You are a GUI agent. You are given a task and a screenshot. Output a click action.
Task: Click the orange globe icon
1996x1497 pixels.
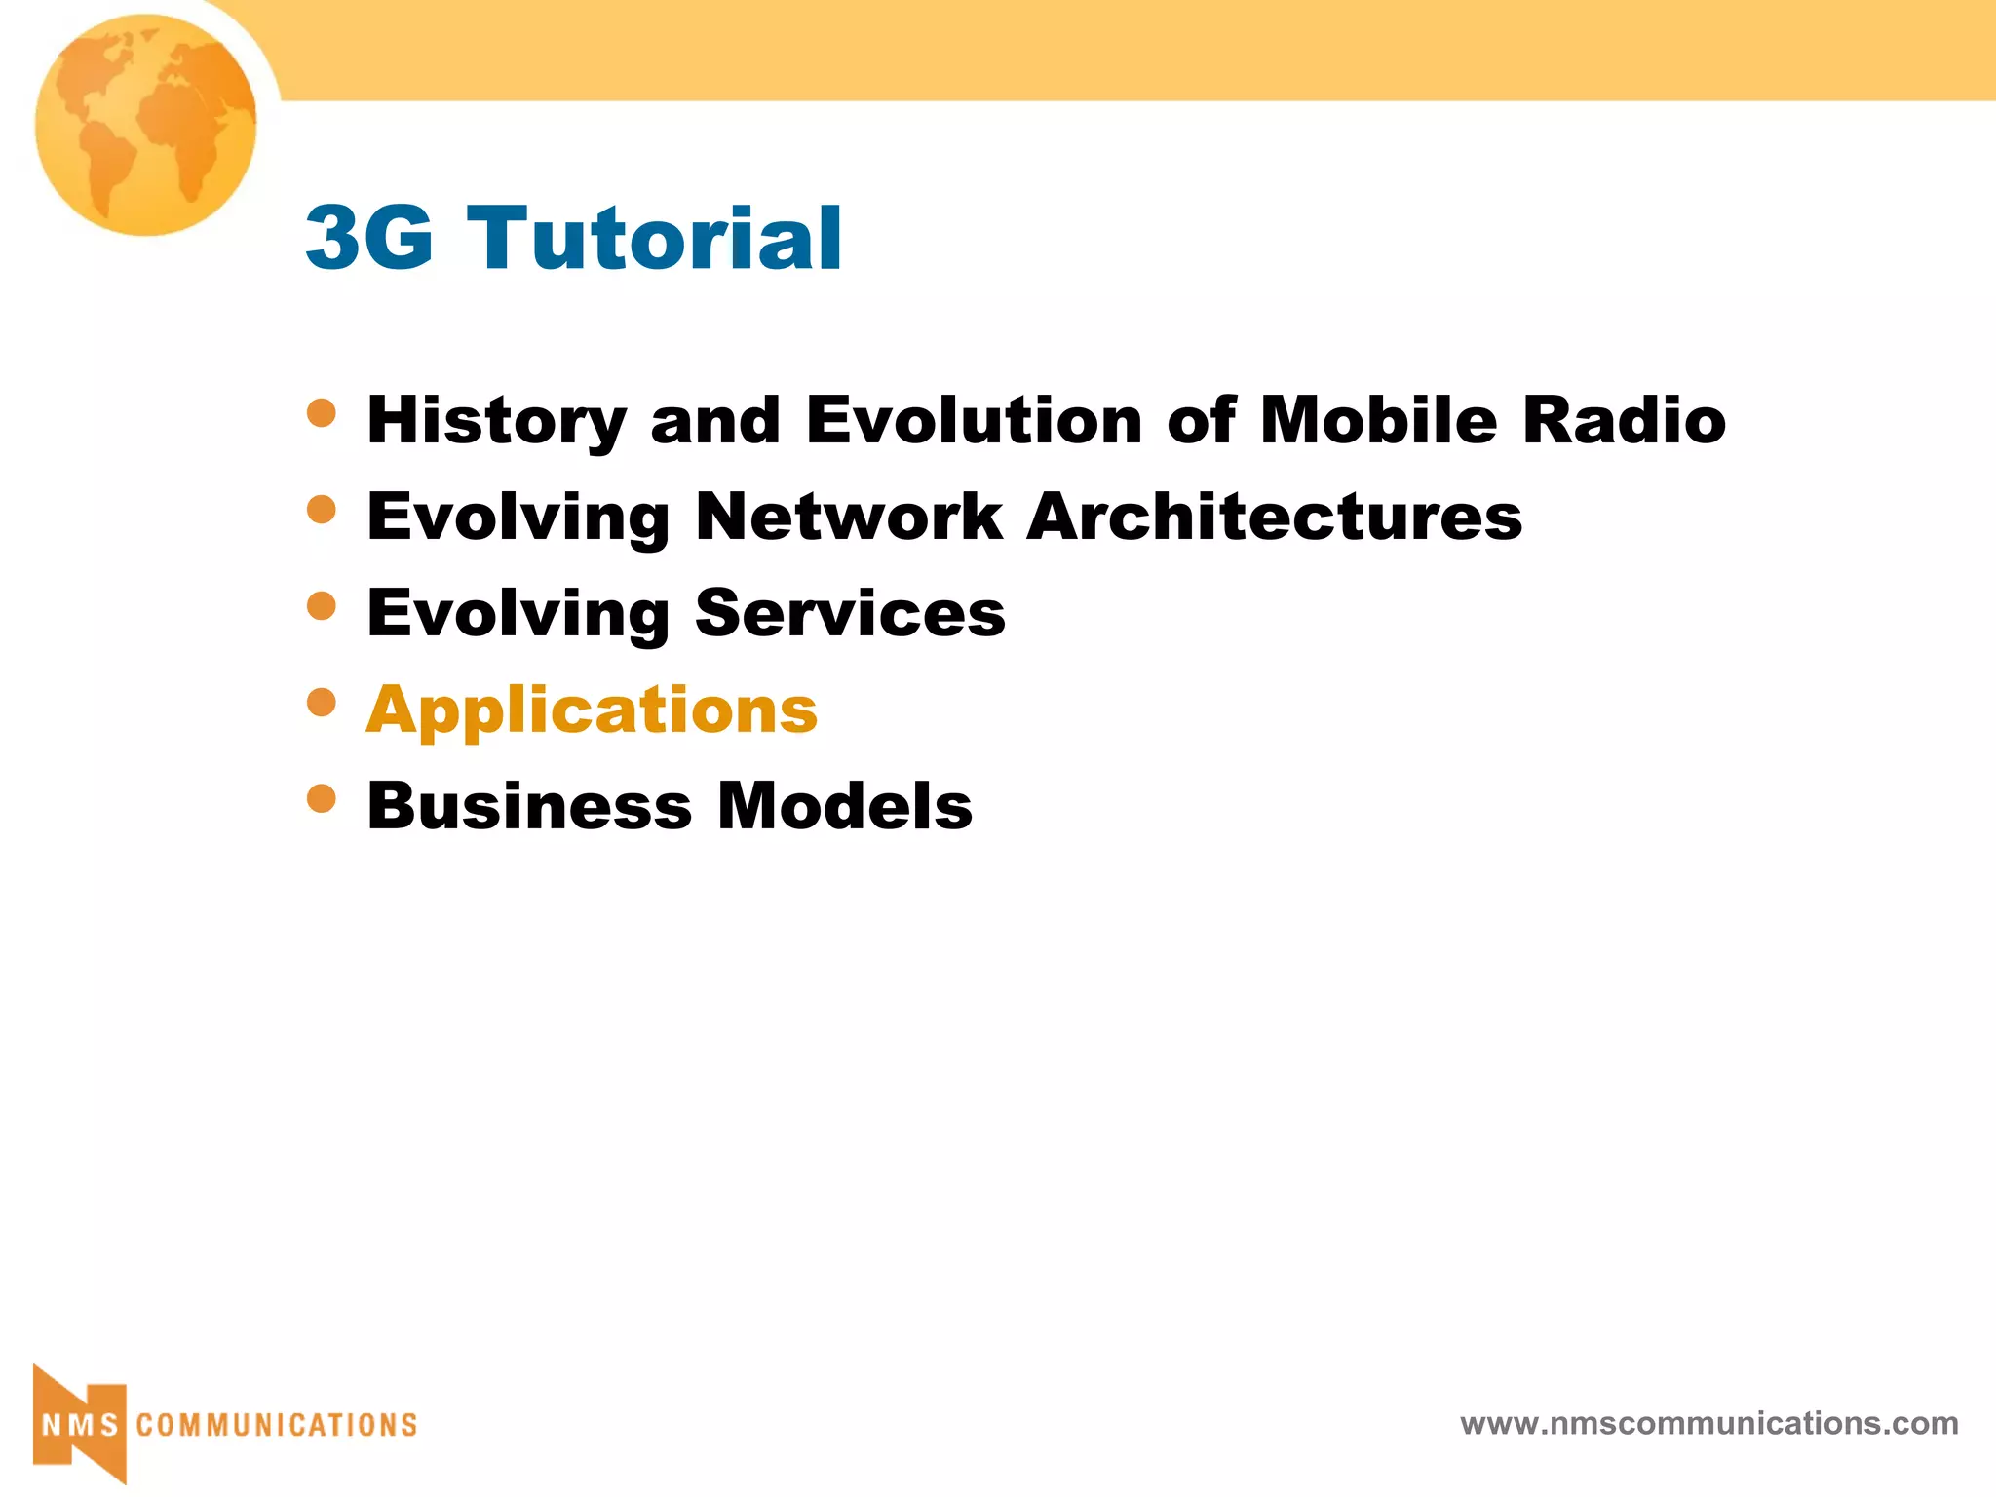point(146,125)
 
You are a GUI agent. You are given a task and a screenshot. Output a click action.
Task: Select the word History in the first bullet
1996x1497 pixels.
point(496,421)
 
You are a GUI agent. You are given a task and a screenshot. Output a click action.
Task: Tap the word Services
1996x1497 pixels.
point(850,613)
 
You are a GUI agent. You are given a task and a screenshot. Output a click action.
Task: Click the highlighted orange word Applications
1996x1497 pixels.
point(593,710)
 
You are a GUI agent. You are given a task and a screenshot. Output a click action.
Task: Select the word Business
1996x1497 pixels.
point(529,806)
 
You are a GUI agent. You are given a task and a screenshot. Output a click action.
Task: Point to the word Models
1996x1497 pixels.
point(845,806)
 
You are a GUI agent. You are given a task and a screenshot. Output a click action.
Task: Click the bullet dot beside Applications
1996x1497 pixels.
point(322,702)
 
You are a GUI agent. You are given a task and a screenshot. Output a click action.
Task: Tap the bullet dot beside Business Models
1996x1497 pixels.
point(322,799)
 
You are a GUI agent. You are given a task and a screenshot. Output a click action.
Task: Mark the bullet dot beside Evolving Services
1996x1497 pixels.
point(322,606)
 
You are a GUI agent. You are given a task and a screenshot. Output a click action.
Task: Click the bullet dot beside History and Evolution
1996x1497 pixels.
point(322,413)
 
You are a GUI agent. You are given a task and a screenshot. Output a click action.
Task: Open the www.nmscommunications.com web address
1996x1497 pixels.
point(1708,1423)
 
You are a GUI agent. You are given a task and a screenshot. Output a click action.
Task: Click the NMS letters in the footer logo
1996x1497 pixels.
point(80,1425)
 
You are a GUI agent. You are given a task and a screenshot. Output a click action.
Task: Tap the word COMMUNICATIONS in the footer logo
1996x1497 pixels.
point(277,1425)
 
